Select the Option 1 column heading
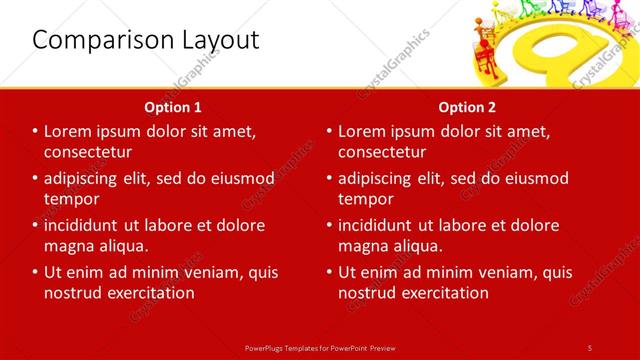point(173,107)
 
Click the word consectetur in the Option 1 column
point(89,152)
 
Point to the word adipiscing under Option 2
point(382,179)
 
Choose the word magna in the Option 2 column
point(364,246)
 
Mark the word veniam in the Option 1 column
point(207,272)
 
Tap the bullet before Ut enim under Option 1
point(35,272)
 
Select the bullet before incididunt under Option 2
point(329,225)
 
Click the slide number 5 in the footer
point(589,347)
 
